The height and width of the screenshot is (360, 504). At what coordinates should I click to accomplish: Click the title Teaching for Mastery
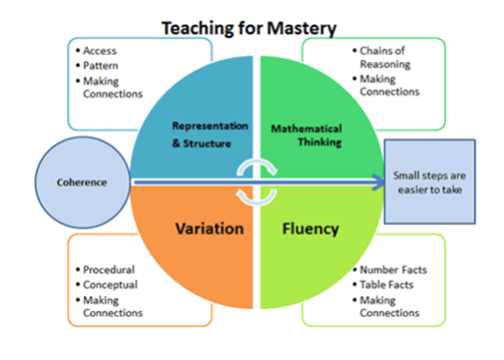(248, 28)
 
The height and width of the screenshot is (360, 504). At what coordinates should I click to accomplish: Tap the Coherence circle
(82, 182)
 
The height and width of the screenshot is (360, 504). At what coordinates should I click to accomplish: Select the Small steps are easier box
(429, 182)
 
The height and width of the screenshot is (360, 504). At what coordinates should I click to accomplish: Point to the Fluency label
(310, 228)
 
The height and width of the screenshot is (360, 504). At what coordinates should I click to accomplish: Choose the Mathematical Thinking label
(306, 135)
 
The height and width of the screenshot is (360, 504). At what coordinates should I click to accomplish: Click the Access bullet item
(100, 51)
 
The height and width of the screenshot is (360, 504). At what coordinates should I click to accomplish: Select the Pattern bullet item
(101, 66)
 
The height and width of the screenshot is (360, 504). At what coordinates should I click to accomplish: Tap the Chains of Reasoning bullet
(385, 58)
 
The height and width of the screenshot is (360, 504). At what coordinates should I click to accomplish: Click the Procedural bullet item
(109, 269)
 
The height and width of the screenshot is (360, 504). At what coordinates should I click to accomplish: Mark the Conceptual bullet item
(110, 284)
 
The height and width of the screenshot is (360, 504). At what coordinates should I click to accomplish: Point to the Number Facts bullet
(393, 269)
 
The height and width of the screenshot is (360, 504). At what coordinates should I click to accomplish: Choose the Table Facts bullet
(387, 284)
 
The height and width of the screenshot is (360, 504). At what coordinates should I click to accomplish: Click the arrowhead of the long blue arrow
(379, 182)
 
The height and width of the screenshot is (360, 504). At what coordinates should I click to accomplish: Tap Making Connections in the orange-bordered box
(112, 307)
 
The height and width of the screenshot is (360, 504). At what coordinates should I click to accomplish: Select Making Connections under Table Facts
(390, 307)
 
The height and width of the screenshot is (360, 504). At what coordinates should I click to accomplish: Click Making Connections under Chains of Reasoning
(390, 85)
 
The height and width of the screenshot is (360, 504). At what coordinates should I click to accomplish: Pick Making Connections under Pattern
(112, 87)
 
